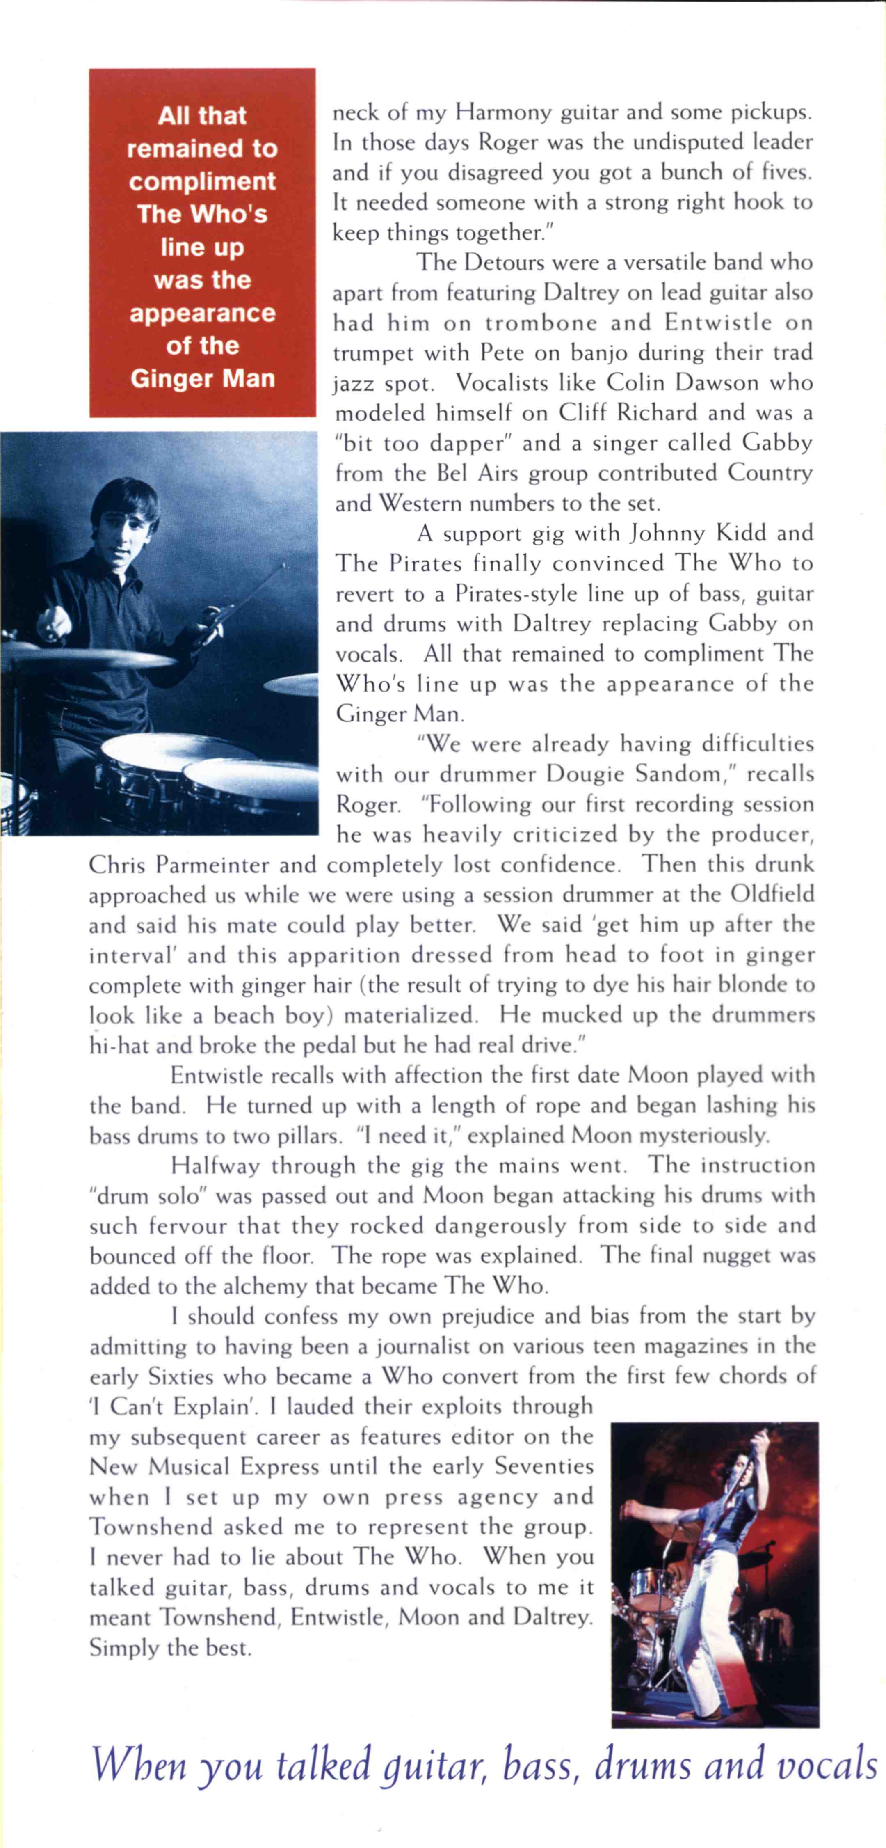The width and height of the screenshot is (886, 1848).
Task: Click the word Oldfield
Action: click(772, 895)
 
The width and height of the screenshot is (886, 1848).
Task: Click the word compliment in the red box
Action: click(202, 181)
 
